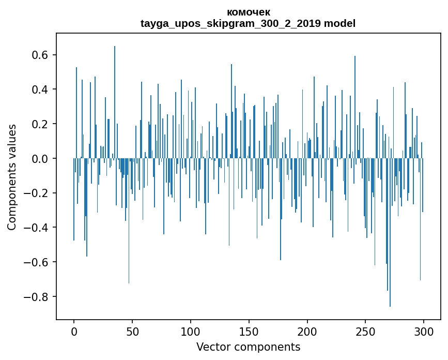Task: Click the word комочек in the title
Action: pyautogui.click(x=248, y=12)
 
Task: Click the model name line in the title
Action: pyautogui.click(x=248, y=23)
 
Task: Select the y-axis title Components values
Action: pyautogui.click(x=12, y=177)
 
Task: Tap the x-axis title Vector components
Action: pyautogui.click(x=248, y=347)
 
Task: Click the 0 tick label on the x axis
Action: pyautogui.click(x=74, y=331)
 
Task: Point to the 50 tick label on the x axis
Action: pyautogui.click(x=132, y=331)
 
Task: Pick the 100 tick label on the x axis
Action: pyautogui.click(x=191, y=331)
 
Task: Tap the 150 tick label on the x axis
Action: pyautogui.click(x=249, y=331)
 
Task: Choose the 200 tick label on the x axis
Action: pyautogui.click(x=307, y=331)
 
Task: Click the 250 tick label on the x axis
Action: pyautogui.click(x=366, y=331)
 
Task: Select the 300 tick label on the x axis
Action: pyautogui.click(x=424, y=331)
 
